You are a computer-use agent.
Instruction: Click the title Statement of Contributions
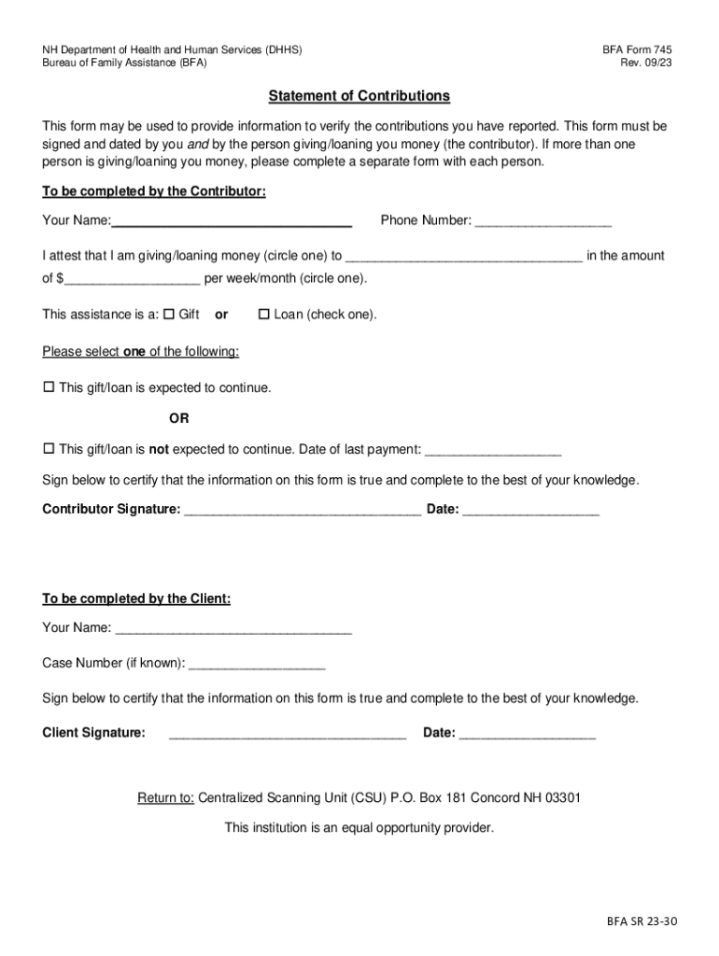(359, 96)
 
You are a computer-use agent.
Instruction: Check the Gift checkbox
(169, 315)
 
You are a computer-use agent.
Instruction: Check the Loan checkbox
(263, 315)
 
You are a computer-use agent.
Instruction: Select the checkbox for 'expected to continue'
(49, 387)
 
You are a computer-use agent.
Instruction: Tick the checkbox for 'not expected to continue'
(49, 449)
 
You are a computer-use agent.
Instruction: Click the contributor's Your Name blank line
(232, 222)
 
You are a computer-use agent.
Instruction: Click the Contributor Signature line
(303, 512)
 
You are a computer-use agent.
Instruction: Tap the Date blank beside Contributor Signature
(530, 512)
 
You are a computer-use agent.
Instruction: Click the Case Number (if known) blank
(256, 666)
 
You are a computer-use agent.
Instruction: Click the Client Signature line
(288, 735)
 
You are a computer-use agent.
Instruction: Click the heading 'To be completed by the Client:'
(136, 598)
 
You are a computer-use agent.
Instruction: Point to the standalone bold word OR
(178, 418)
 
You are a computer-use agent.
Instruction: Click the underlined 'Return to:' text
(165, 798)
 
